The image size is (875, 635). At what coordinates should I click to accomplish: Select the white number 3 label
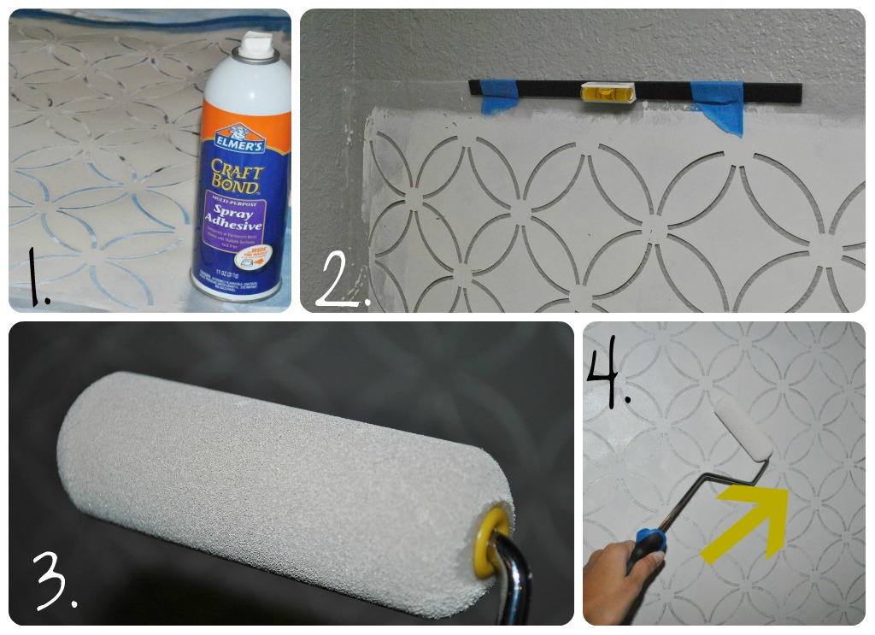click(x=54, y=581)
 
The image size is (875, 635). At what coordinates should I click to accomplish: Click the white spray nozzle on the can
click(x=255, y=47)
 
